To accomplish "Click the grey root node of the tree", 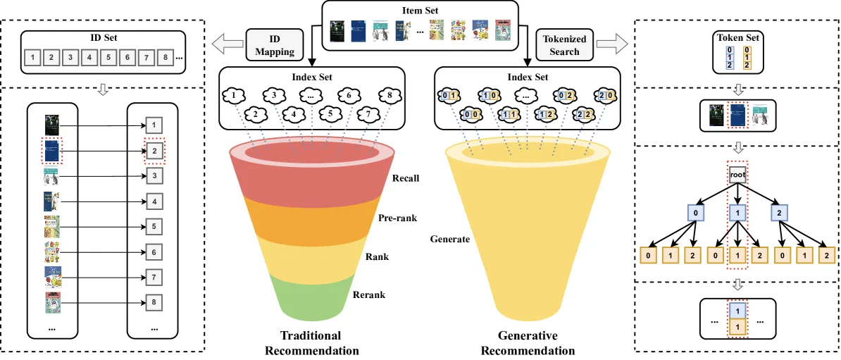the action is click(738, 174).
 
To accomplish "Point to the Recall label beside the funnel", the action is click(406, 178).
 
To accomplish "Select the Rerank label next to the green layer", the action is click(369, 294).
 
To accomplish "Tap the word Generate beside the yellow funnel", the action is click(449, 239).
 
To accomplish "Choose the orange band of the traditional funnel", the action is click(311, 219).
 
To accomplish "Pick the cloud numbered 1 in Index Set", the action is click(234, 96).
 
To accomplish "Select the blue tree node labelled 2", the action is click(780, 213).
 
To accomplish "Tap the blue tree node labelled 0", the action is click(696, 213).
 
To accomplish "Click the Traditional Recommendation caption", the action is click(311, 343).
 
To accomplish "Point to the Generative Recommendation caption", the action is click(528, 343).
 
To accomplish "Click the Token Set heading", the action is click(737, 38).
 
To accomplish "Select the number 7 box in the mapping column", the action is click(154, 278).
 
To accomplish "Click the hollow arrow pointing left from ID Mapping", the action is click(226, 44).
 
